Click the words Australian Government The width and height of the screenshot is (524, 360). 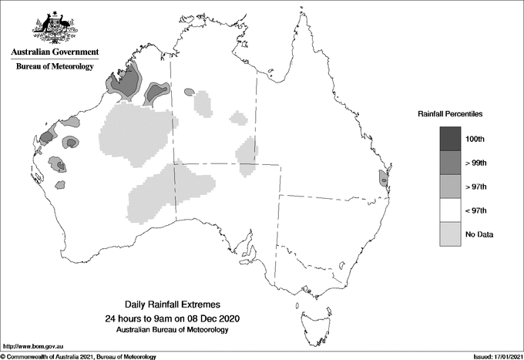[55, 52]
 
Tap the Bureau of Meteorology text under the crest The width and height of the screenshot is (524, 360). [55, 66]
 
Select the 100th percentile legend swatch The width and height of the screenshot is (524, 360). [451, 139]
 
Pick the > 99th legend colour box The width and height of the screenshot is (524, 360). [451, 163]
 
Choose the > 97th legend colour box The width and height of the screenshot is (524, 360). [451, 187]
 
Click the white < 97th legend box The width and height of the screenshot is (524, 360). [451, 210]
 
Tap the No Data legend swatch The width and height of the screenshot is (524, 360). [451, 234]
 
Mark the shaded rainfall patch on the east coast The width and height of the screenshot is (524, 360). [383, 178]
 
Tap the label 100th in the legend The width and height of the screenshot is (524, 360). [476, 139]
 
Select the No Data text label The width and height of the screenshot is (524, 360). [479, 234]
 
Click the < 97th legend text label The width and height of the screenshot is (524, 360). [478, 210]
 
